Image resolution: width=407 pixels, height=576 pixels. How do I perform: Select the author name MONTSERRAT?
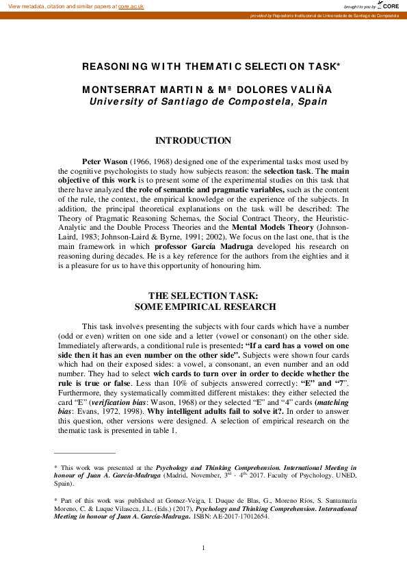point(118,90)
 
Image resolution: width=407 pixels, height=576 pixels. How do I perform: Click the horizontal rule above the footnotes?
point(85,453)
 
